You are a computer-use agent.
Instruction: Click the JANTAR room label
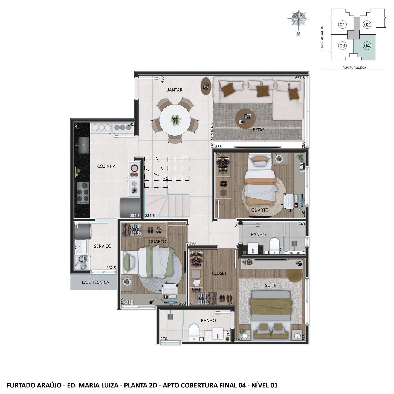(x=175, y=90)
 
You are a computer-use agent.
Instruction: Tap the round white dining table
(x=175, y=120)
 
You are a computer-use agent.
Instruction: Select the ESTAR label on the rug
(x=259, y=130)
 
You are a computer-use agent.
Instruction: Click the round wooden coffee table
(x=245, y=118)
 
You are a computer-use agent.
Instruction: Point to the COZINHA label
(x=106, y=166)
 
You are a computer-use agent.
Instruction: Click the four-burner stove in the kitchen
(x=83, y=193)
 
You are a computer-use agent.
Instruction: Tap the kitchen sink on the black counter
(x=84, y=145)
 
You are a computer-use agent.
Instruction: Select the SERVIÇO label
(x=103, y=246)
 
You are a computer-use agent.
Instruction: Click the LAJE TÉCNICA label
(x=95, y=282)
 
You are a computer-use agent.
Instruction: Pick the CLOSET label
(x=219, y=273)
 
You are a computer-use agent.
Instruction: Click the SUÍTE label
(x=271, y=285)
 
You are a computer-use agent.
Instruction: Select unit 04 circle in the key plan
(x=367, y=46)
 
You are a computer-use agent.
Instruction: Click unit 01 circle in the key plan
(x=342, y=25)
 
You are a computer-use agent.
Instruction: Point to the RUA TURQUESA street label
(x=354, y=68)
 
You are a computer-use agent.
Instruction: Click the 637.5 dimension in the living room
(x=300, y=78)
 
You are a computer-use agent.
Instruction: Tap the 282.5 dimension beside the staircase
(x=150, y=215)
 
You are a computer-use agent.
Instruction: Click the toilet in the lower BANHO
(x=194, y=332)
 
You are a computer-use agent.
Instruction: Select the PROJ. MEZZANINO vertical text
(x=212, y=135)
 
